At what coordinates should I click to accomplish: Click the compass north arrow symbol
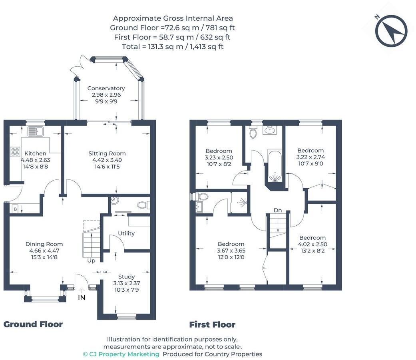391,30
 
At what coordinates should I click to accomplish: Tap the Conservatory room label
106,88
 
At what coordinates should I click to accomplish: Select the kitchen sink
35,131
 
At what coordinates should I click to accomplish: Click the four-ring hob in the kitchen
15,151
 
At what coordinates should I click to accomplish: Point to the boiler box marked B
15,209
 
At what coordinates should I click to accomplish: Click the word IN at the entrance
82,298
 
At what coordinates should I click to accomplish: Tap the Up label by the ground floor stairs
91,261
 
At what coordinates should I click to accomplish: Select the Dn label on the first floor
278,210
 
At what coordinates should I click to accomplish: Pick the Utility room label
126,233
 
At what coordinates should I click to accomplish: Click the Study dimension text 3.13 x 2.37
127,283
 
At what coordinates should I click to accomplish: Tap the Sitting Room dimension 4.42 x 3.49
107,160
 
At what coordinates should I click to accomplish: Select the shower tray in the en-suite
239,203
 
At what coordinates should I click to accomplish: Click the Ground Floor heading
33,324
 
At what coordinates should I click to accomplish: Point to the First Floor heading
212,324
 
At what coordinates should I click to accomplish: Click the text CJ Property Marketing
124,354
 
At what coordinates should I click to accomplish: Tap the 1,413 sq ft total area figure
207,47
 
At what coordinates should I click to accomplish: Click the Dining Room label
44,244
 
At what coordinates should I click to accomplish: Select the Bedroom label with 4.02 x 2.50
312,238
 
